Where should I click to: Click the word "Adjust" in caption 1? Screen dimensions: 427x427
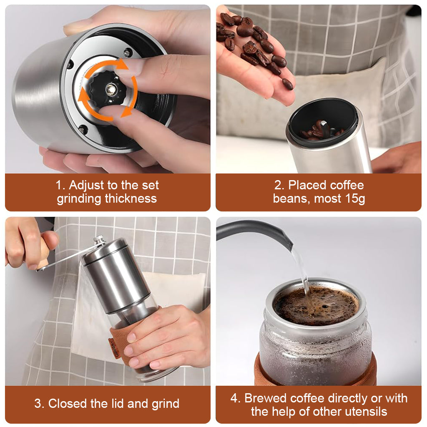(88, 185)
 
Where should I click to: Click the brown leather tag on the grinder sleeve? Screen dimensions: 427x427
(114, 347)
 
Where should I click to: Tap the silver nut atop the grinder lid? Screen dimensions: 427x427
(99, 240)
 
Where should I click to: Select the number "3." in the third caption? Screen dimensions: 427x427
(39, 404)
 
